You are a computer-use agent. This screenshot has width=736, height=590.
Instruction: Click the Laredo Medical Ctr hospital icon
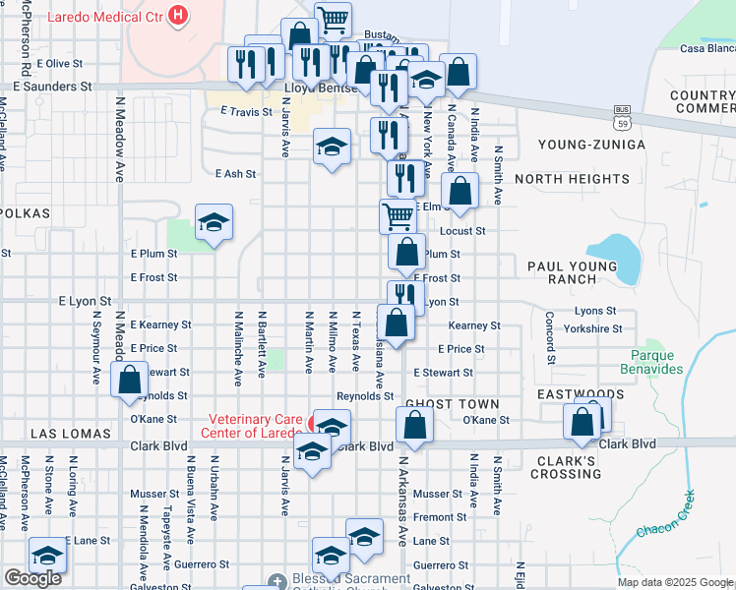point(178,15)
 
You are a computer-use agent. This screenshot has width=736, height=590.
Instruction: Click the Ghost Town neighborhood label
point(452,404)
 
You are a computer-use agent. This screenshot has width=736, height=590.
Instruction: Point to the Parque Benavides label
point(651,362)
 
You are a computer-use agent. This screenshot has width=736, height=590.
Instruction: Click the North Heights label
point(572,179)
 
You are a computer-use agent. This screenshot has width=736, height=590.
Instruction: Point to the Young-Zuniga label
point(591,145)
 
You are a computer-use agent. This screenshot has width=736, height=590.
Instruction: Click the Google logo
point(32,578)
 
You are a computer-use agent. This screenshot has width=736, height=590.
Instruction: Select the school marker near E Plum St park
point(213,223)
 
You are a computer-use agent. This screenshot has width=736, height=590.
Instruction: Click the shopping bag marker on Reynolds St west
point(129,380)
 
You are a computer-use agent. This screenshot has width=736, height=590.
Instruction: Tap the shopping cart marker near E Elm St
point(398,215)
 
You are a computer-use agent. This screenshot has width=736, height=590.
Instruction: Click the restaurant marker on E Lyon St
point(404,296)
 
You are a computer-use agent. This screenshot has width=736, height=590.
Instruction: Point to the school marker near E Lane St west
point(46,555)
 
